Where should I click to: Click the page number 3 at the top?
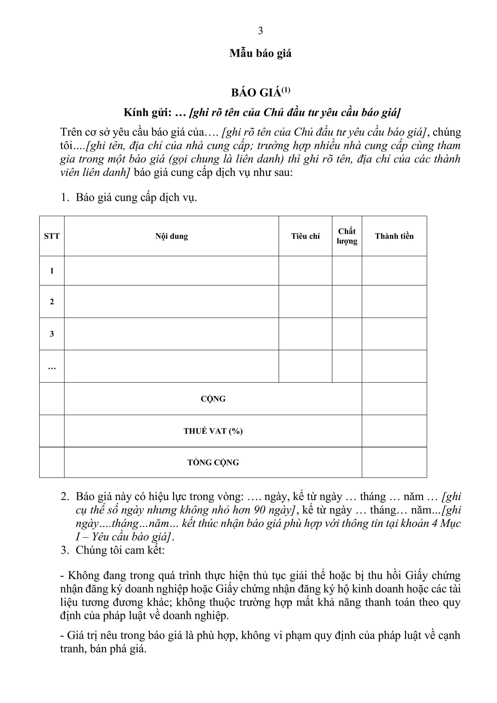pyautogui.click(x=260, y=31)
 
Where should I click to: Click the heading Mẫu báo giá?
pyautogui.click(x=260, y=53)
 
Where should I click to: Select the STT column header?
pyautogui.click(x=52, y=236)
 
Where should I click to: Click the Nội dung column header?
pyautogui.click(x=171, y=236)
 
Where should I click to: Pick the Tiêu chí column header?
pyautogui.click(x=305, y=236)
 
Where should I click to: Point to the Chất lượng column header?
pyautogui.click(x=347, y=236)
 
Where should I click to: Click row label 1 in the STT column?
pyautogui.click(x=52, y=271)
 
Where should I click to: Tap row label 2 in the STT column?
pyautogui.click(x=52, y=302)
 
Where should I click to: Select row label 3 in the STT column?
pyautogui.click(x=52, y=334)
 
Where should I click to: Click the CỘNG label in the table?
pyautogui.click(x=213, y=399)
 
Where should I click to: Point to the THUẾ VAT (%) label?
pyautogui.click(x=213, y=431)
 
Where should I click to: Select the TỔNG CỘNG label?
pyautogui.click(x=213, y=462)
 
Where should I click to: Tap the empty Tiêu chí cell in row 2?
pyautogui.click(x=305, y=302)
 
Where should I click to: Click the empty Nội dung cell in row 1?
pyautogui.click(x=171, y=271)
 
